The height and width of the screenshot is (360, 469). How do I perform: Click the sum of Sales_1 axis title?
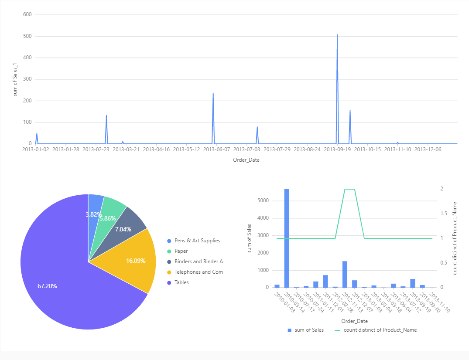[x=15, y=79]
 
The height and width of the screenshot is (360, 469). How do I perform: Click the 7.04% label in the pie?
[x=123, y=229]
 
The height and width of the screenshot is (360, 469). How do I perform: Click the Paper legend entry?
[x=181, y=251]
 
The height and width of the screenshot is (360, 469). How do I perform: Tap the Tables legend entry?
[x=182, y=282]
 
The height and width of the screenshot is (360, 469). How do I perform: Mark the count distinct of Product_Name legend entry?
[x=377, y=330]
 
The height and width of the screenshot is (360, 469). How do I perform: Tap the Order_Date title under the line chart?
[x=246, y=160]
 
